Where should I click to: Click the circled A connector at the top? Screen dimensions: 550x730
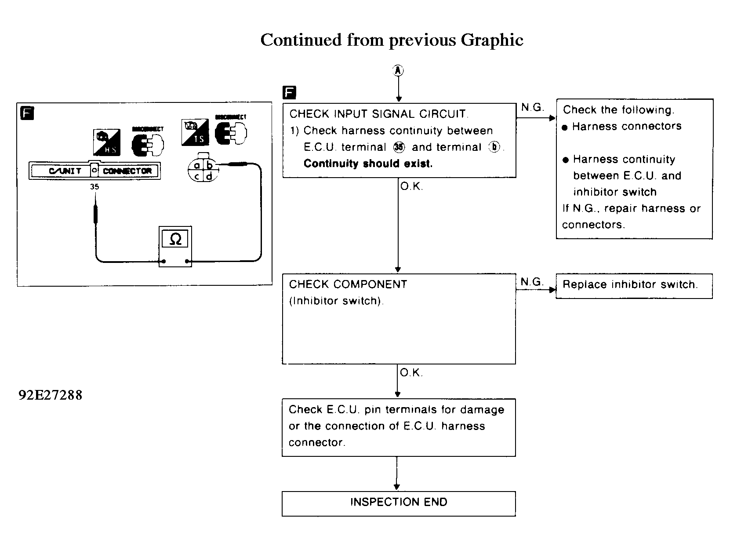(398, 70)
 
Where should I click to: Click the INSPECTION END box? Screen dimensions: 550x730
(398, 503)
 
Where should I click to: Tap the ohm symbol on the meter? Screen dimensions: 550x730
(175, 239)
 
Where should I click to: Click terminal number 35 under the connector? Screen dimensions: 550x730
(94, 187)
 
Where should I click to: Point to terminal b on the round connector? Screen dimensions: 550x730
(210, 166)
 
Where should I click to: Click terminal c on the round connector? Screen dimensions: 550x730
(197, 176)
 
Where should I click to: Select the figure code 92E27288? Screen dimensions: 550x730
(50, 395)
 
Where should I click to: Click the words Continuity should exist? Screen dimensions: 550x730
(368, 164)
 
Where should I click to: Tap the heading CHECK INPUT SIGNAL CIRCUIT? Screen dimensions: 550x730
(379, 114)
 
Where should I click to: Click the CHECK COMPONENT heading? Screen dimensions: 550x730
(348, 284)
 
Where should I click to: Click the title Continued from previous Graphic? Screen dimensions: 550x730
(392, 40)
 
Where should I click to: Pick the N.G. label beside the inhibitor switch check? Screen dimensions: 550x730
(532, 282)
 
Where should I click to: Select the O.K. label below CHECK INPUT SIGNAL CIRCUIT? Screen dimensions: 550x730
(412, 187)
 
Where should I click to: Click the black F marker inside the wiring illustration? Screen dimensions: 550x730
(27, 113)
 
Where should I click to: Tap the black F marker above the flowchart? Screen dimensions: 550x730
(290, 93)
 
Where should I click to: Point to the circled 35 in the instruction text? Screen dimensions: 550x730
(399, 147)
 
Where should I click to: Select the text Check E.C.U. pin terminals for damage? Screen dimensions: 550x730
(396, 410)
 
